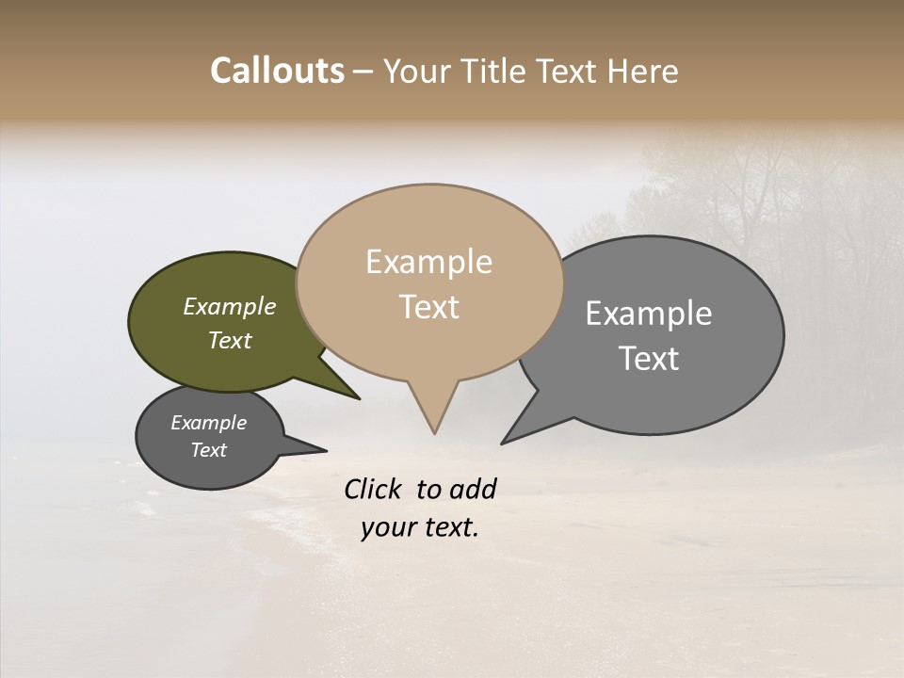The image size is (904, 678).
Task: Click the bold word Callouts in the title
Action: (x=277, y=71)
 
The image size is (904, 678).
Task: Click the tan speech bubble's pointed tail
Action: (x=434, y=414)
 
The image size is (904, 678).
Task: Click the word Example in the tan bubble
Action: (x=428, y=262)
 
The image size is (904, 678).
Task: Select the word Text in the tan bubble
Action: (x=428, y=307)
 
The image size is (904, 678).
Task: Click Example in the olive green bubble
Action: (x=230, y=307)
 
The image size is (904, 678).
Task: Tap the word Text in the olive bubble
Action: (x=230, y=340)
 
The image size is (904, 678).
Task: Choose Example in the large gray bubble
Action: (x=649, y=314)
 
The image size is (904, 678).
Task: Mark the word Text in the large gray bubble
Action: (x=649, y=359)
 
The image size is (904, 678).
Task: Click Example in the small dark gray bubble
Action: (x=208, y=423)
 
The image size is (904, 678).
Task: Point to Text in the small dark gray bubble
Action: (x=208, y=450)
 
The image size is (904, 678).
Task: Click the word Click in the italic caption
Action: (x=373, y=489)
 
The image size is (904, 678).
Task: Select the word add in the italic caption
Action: (x=473, y=489)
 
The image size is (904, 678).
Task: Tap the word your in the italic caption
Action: (x=385, y=527)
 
